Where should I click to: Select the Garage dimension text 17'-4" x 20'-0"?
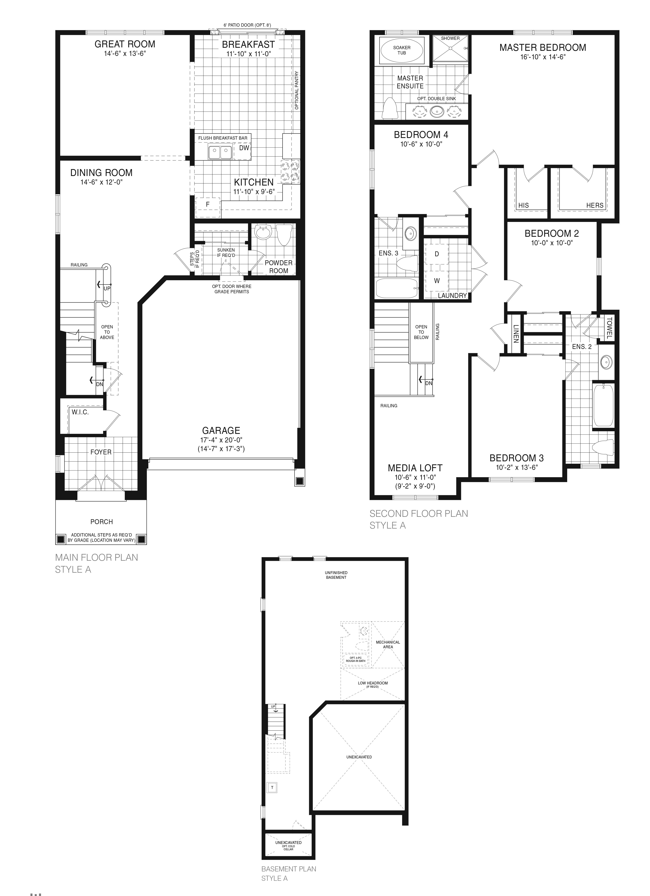(x=221, y=440)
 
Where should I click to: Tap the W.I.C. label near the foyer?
(x=80, y=412)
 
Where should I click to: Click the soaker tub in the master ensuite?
(x=402, y=50)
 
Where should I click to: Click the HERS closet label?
(x=595, y=205)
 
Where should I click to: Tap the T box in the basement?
(x=272, y=787)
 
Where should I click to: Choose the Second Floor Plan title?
(x=419, y=514)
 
